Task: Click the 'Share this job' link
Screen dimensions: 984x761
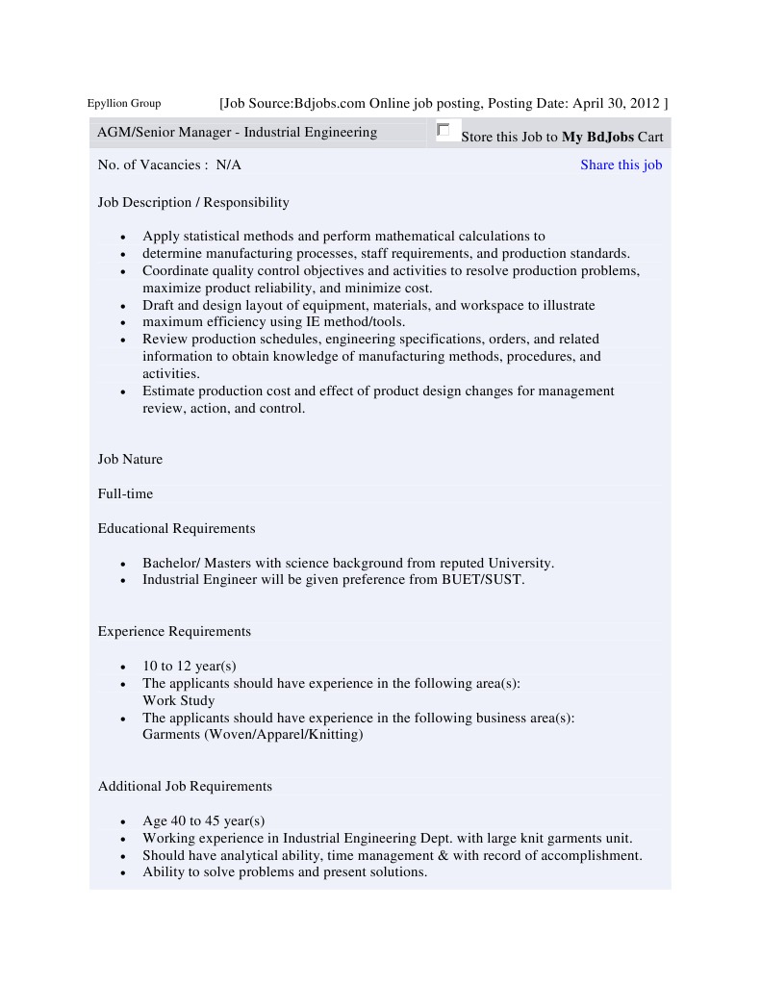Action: click(621, 164)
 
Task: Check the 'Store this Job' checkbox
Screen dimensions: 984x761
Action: click(443, 130)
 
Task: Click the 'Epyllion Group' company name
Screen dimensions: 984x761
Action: click(124, 104)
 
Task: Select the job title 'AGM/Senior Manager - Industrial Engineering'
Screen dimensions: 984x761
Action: click(237, 133)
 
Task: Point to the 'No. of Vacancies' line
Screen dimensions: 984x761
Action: click(169, 164)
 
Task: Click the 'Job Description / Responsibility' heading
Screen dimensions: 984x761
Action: click(193, 202)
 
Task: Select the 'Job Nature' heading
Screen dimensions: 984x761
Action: click(130, 459)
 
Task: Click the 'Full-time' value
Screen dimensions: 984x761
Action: click(125, 493)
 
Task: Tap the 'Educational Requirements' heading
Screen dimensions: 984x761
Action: click(176, 528)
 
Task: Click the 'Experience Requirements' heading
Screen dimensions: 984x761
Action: click(174, 631)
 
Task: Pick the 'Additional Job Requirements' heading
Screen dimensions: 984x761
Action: click(185, 786)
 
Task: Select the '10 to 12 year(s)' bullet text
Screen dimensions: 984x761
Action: click(190, 666)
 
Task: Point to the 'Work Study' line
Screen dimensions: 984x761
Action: click(178, 700)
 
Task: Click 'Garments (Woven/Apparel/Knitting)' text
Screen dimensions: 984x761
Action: click(253, 734)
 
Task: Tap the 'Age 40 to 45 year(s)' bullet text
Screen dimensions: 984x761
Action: click(203, 820)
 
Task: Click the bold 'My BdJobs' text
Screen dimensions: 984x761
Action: click(597, 137)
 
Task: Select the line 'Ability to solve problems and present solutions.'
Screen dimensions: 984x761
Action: click(285, 871)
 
